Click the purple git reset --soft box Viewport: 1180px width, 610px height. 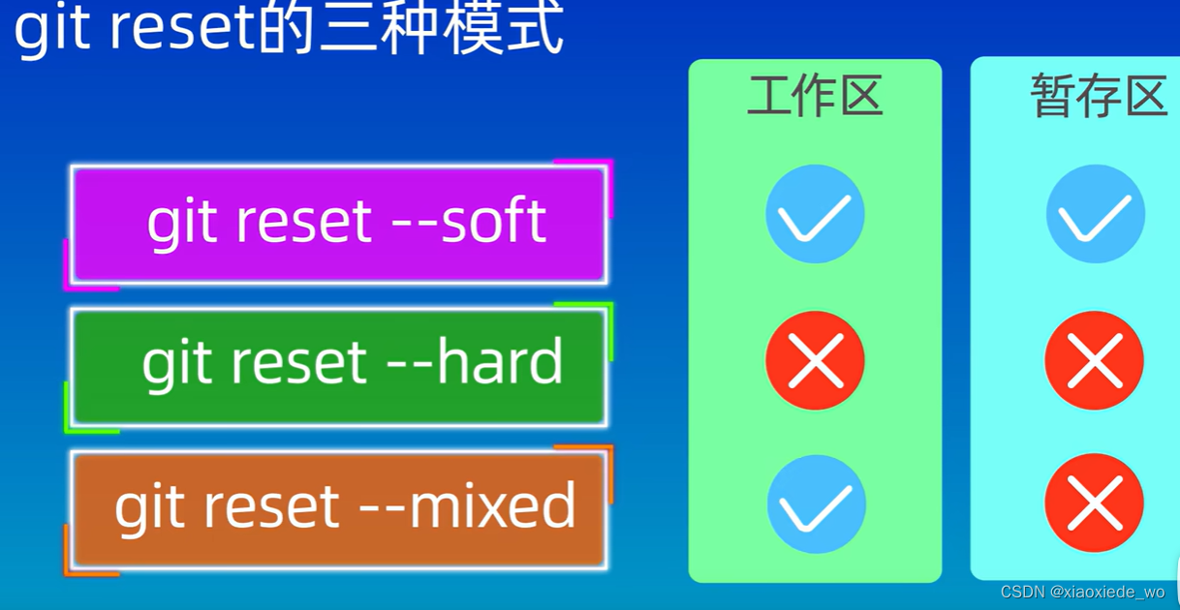tap(339, 225)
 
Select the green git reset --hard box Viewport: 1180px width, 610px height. tap(339, 367)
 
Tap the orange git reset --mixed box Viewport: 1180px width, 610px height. tap(339, 509)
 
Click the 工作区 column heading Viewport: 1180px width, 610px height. tap(815, 95)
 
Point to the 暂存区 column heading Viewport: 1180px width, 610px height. tap(1099, 95)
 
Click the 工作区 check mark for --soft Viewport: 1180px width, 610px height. tap(815, 214)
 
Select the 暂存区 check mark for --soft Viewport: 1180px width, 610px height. tap(1096, 214)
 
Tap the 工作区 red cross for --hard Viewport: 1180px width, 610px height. tap(815, 360)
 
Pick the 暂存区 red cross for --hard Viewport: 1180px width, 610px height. tap(1094, 360)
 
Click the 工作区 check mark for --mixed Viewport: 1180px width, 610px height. tap(816, 504)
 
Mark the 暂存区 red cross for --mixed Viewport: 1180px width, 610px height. tap(1094, 503)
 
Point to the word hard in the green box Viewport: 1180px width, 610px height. tap(500, 361)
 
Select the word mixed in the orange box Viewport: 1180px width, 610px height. tap(492, 504)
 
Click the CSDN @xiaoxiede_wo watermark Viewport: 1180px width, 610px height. tap(1082, 593)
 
